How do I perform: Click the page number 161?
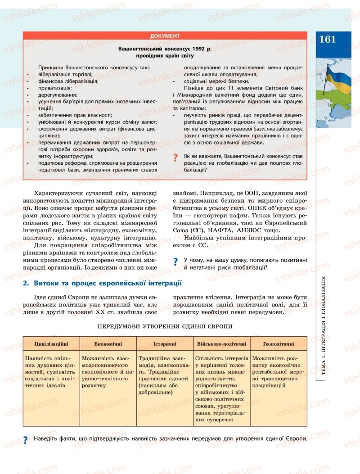click(x=327, y=39)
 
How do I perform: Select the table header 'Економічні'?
click(x=108, y=343)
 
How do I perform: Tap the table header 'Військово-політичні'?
click(x=221, y=343)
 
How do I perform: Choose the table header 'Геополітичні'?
click(x=279, y=343)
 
